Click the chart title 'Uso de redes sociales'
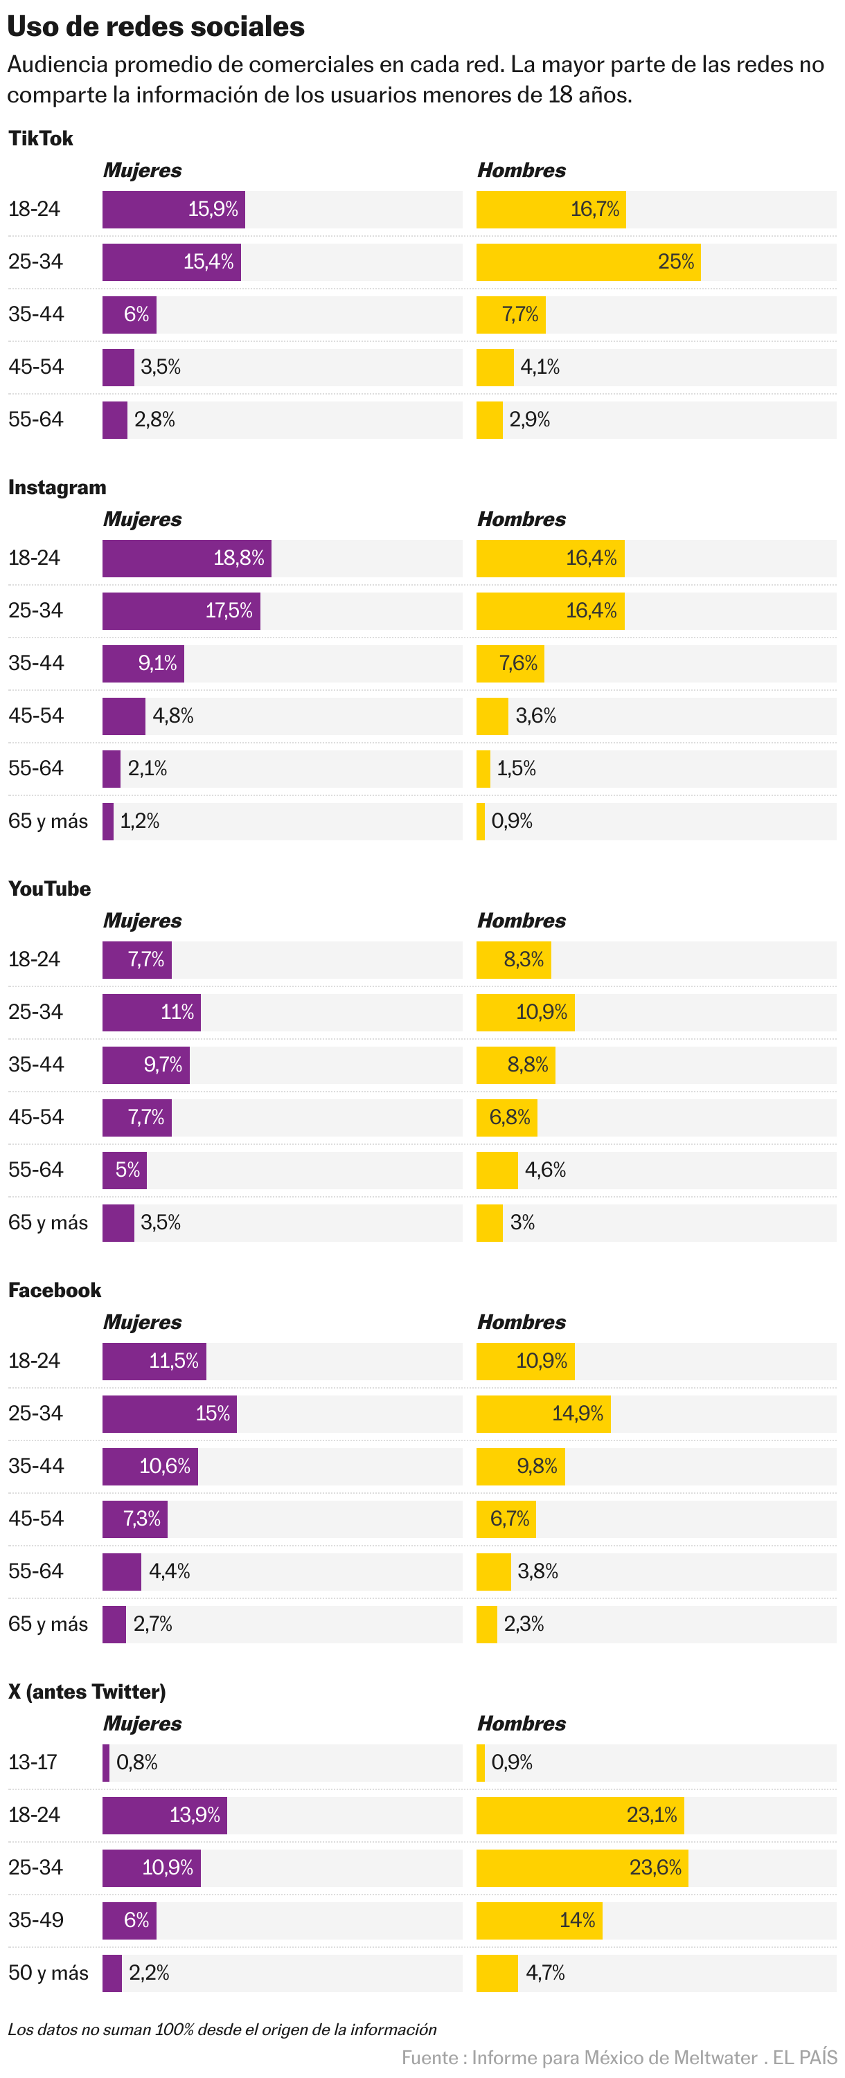coord(156,26)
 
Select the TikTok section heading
coord(40,138)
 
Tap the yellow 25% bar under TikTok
coord(587,262)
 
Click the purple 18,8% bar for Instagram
coord(186,558)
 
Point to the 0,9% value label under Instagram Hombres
coord(512,821)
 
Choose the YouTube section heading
coord(49,889)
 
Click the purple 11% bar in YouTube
coord(151,1013)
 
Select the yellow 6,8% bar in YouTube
coord(506,1117)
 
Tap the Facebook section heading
coord(54,1291)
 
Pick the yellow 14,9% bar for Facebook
coord(543,1414)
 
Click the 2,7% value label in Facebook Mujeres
coord(152,1624)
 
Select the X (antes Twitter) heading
coord(87,1692)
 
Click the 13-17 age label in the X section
coord(33,1762)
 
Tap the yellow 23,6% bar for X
coord(582,1868)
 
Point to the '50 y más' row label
coord(48,1973)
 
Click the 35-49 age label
coord(35,1920)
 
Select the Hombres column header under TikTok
coord(522,171)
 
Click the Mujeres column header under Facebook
coord(142,1322)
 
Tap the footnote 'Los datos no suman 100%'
coord(222,2030)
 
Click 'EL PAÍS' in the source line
coord(804,2058)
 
